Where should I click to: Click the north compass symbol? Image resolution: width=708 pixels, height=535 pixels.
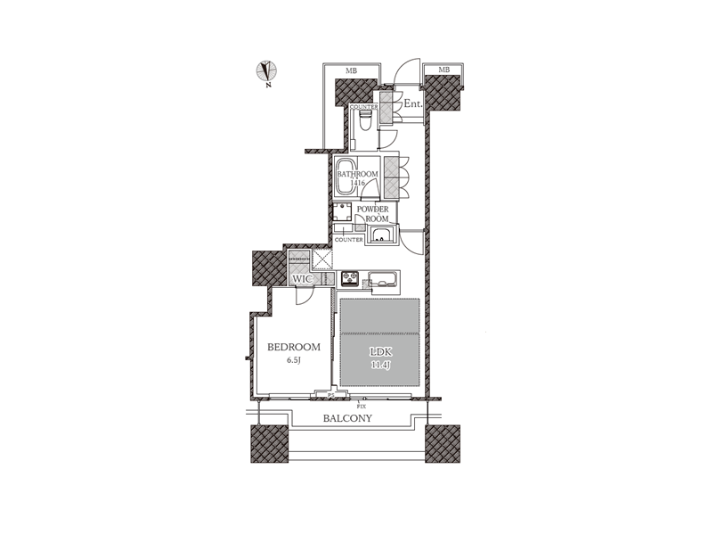click(x=267, y=71)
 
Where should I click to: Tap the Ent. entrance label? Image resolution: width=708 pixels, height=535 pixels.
click(x=412, y=103)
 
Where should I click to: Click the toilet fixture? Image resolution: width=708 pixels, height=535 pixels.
click(x=365, y=120)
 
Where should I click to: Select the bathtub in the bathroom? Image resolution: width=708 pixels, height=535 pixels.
click(x=346, y=177)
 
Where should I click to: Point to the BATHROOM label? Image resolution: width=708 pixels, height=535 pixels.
click(x=358, y=174)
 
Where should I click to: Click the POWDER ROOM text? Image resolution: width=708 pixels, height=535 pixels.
click(x=373, y=214)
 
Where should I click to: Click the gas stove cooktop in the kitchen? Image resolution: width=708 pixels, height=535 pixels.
click(x=349, y=278)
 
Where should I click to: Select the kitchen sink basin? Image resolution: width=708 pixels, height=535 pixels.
click(x=382, y=278)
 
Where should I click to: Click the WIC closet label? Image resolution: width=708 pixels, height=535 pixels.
click(x=302, y=279)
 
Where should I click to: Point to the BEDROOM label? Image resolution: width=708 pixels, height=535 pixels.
click(x=294, y=347)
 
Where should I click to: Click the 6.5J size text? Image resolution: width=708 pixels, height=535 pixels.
click(x=294, y=360)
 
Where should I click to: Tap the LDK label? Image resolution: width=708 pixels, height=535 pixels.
click(x=380, y=352)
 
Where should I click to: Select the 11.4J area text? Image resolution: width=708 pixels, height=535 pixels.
click(x=380, y=366)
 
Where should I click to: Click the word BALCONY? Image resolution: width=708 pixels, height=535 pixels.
click(x=347, y=418)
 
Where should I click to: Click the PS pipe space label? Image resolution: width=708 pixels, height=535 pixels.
click(x=331, y=395)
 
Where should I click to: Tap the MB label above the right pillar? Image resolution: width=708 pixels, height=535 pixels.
click(x=444, y=70)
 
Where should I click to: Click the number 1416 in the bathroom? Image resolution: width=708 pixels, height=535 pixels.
click(x=358, y=183)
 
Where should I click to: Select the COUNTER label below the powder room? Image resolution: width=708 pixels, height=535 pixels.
click(x=348, y=240)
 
